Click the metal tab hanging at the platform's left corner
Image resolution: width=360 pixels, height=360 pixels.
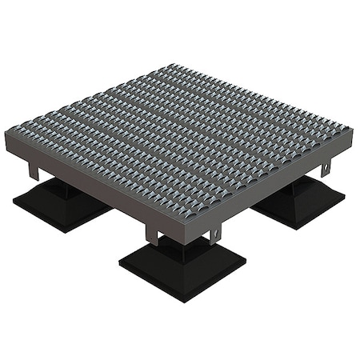point(34,170)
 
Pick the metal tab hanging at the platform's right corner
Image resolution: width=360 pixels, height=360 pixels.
point(326,169)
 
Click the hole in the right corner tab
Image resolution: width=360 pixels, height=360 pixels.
point(326,170)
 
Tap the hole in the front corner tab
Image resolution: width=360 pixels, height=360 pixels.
point(214,234)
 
